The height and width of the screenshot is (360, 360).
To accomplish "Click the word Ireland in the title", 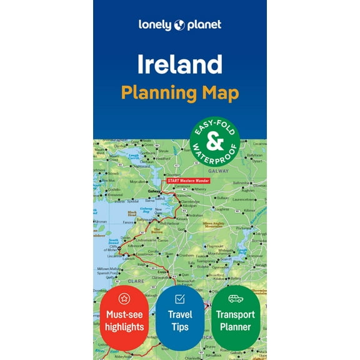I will click(x=179, y=64).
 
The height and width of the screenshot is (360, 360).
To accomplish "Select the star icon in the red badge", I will click(x=124, y=298).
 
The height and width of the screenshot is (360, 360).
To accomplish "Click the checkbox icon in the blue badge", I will click(x=179, y=298).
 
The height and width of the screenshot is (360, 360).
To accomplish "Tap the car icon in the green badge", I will click(x=235, y=298).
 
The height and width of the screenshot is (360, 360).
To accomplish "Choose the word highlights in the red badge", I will click(x=124, y=327).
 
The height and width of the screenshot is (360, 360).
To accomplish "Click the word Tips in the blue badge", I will click(x=179, y=327).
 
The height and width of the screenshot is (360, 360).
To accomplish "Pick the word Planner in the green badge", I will click(x=235, y=327).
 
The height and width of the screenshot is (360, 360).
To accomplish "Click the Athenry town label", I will click(x=199, y=189).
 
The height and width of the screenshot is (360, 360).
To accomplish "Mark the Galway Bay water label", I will click(x=147, y=209).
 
